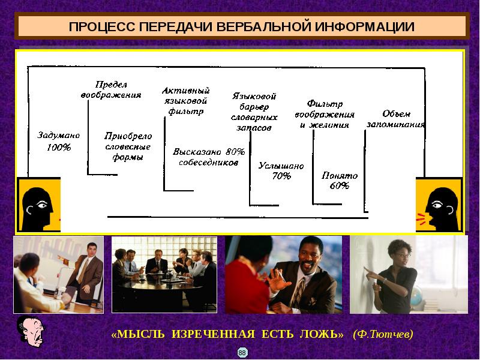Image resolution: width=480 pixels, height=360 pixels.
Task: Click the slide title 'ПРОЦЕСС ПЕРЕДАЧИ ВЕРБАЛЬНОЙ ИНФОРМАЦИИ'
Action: click(242, 27)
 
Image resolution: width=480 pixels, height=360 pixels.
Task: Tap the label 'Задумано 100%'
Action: click(58, 141)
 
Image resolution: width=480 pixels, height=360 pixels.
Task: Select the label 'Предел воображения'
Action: click(111, 89)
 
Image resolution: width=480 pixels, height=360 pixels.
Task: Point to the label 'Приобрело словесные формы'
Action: click(128, 146)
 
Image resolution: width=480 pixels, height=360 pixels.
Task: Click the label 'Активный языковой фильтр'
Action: click(185, 100)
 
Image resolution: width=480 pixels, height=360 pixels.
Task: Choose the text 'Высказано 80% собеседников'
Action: click(209, 157)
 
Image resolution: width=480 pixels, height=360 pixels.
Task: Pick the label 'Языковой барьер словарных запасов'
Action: click(254, 112)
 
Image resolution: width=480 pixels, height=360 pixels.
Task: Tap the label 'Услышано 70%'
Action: click(281, 170)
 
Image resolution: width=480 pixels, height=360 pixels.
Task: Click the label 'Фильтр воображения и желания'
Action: click(325, 114)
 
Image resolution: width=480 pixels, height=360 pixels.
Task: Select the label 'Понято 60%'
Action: click(340, 181)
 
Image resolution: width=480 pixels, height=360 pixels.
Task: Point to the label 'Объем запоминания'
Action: click(395, 119)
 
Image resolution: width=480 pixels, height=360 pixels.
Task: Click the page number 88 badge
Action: click(242, 352)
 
